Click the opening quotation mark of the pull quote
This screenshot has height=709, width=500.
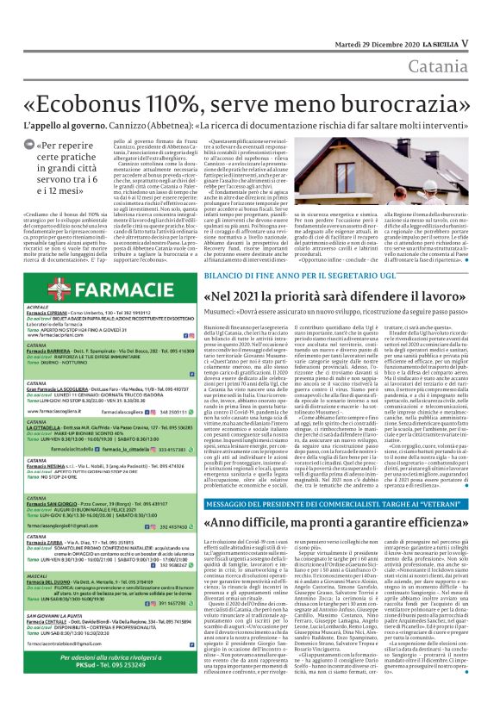coord(40,146)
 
